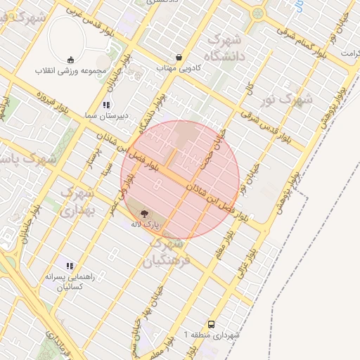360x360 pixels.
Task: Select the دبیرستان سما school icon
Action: click(x=106, y=105)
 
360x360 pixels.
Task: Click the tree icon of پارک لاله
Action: click(x=144, y=214)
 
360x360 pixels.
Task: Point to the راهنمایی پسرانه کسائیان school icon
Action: click(x=70, y=266)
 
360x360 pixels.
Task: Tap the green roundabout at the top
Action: click(x=259, y=12)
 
